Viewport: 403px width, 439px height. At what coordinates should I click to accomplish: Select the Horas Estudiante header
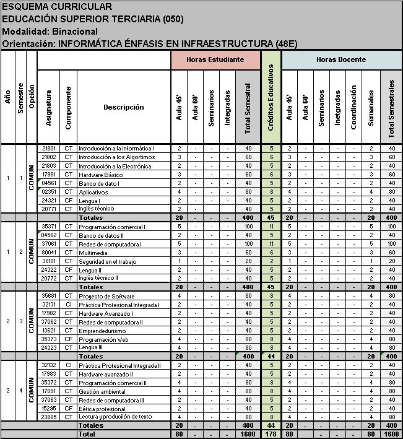click(215, 60)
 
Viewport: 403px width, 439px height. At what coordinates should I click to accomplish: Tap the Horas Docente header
click(340, 60)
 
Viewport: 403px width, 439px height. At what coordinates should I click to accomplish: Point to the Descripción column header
click(123, 107)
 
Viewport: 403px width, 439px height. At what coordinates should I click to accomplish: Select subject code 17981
click(49, 175)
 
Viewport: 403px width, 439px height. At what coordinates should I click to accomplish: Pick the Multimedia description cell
click(92, 253)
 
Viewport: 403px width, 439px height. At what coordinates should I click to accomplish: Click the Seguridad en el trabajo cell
click(106, 261)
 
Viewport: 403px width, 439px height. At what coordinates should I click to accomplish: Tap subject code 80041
click(49, 253)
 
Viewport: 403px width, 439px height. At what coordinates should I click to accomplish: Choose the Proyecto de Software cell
click(103, 296)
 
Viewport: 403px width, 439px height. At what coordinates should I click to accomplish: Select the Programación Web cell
click(102, 339)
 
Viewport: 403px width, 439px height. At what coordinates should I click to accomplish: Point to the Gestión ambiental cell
click(100, 391)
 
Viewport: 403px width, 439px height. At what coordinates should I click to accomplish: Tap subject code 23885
click(49, 417)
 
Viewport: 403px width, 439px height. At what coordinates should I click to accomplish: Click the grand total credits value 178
click(271, 435)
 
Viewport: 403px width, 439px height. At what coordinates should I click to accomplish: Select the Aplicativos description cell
click(92, 193)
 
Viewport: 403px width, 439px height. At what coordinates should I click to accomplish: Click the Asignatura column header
click(49, 107)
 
